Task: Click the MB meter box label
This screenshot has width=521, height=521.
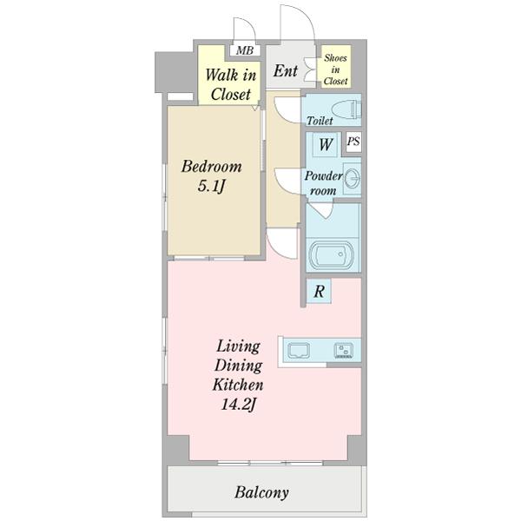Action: pyautogui.click(x=245, y=50)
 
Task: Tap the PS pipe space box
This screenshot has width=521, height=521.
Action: pyautogui.click(x=353, y=142)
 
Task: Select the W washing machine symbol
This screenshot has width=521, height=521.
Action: pyautogui.click(x=326, y=144)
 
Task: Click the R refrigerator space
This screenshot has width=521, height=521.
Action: pyautogui.click(x=319, y=291)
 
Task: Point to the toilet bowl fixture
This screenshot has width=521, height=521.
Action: pyautogui.click(x=346, y=109)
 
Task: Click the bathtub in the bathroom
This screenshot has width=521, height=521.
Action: pyautogui.click(x=332, y=255)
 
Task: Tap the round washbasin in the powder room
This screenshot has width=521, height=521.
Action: pyautogui.click(x=353, y=178)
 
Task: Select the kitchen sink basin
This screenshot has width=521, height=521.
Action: pyautogui.click(x=299, y=351)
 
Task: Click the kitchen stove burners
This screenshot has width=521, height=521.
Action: pyautogui.click(x=344, y=351)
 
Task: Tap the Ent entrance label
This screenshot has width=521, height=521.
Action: pyautogui.click(x=286, y=71)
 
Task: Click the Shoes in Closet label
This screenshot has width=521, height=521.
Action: pyautogui.click(x=335, y=69)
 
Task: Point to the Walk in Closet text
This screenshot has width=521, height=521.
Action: pyautogui.click(x=231, y=84)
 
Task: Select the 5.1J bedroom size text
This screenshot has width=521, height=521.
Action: pyautogui.click(x=212, y=186)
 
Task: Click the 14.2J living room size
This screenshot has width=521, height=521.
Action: pyautogui.click(x=239, y=405)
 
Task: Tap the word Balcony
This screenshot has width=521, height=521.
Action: pyautogui.click(x=261, y=492)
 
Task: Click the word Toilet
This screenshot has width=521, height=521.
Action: pyautogui.click(x=320, y=121)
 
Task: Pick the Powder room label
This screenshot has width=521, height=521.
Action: pyautogui.click(x=323, y=183)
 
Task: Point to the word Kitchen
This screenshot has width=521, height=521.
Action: pyautogui.click(x=238, y=385)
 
